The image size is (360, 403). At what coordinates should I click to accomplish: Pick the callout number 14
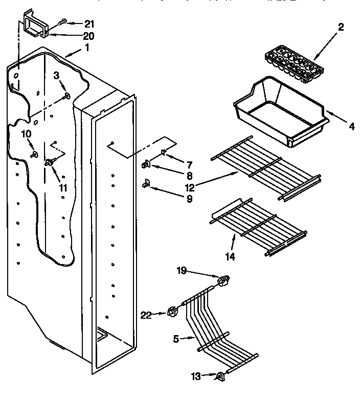click(231, 257)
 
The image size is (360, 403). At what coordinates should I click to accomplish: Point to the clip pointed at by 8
click(145, 164)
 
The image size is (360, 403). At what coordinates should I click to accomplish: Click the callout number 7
click(174, 164)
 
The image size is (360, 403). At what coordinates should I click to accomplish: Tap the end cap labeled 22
click(171, 312)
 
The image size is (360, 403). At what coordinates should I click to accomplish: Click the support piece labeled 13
click(220, 377)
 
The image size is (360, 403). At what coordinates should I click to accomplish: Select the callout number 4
click(351, 127)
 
